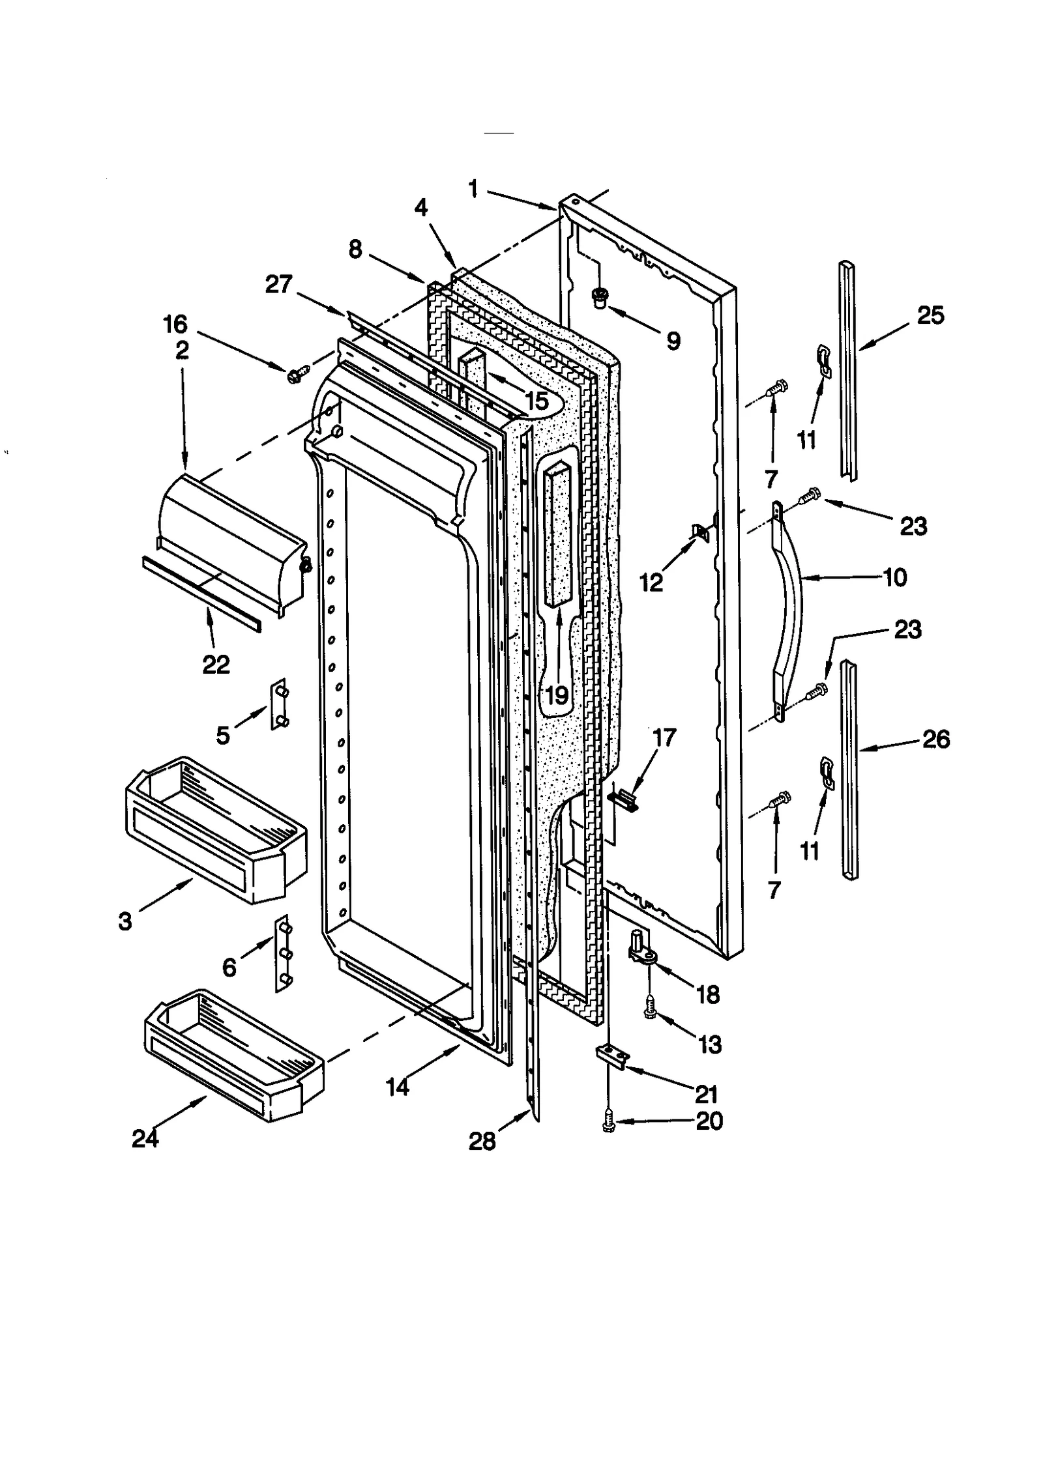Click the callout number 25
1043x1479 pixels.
click(x=930, y=315)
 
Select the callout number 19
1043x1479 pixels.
click(x=556, y=696)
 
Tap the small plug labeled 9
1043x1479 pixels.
click(x=598, y=299)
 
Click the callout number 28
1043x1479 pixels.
click(x=482, y=1141)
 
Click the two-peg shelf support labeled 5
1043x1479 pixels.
click(x=279, y=705)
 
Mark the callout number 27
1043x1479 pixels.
click(x=278, y=285)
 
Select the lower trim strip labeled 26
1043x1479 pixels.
click(x=849, y=769)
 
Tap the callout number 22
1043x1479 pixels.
click(x=216, y=665)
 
